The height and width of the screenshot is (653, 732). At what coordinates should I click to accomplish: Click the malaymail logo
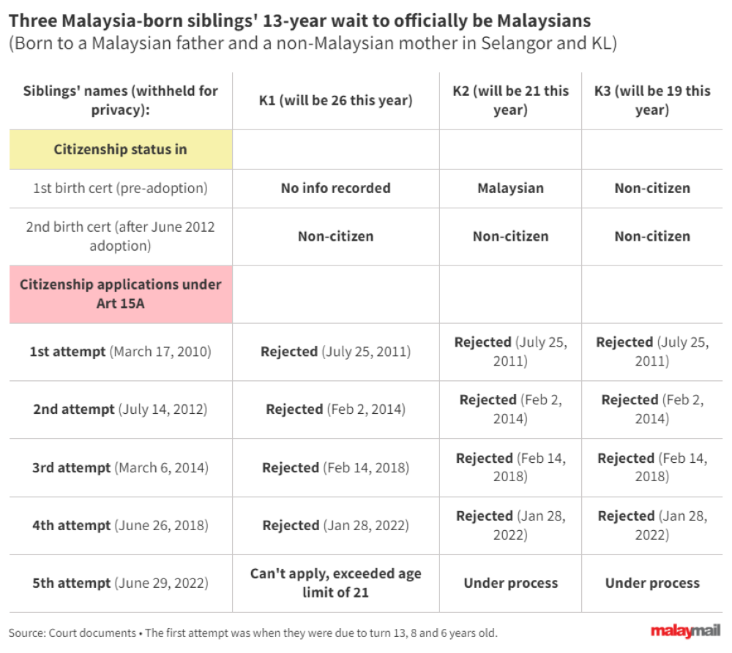tap(685, 631)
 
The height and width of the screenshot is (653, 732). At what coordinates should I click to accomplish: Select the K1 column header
tap(335, 101)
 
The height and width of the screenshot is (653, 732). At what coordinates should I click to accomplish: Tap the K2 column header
tap(510, 100)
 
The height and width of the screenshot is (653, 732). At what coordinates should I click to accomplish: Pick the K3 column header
tap(651, 100)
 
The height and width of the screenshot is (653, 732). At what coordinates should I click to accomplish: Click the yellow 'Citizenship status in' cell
tap(121, 150)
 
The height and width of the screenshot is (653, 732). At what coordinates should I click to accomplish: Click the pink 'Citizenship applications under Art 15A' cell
tap(121, 293)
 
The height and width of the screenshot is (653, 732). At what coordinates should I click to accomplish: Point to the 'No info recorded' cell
tap(335, 188)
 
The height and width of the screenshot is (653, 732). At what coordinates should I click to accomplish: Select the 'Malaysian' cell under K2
tap(510, 188)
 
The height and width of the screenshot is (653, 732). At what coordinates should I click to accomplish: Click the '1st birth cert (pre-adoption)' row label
tap(121, 188)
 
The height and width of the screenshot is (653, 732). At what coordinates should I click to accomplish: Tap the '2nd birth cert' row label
tap(121, 236)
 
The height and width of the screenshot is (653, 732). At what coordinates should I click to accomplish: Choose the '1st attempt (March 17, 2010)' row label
tap(121, 352)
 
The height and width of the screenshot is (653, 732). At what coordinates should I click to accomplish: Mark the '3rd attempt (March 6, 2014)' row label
tap(121, 467)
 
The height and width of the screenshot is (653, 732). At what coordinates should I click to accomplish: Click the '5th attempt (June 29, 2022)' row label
tap(121, 584)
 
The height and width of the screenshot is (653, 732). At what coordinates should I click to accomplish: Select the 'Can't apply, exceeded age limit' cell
tap(335, 583)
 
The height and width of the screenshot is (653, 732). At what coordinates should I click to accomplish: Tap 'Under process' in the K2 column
tap(510, 584)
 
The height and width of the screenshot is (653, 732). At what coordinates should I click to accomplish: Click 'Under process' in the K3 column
tap(651, 584)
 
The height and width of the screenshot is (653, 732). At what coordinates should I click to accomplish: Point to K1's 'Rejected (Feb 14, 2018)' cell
tap(335, 467)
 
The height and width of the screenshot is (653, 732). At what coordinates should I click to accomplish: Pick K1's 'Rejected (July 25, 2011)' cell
tap(335, 352)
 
